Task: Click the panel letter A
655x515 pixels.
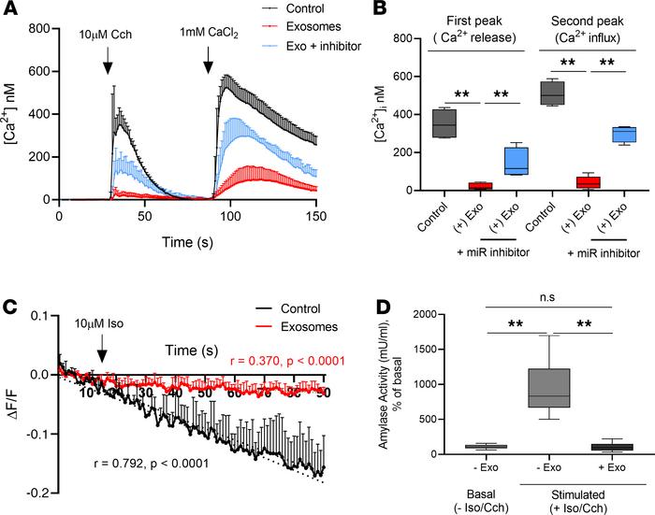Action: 10,11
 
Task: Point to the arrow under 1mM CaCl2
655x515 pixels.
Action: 208,63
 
